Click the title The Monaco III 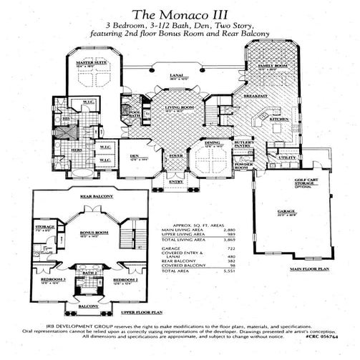point(179,13)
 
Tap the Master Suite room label point(91,64)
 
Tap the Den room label point(134,155)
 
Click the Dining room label point(213,143)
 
